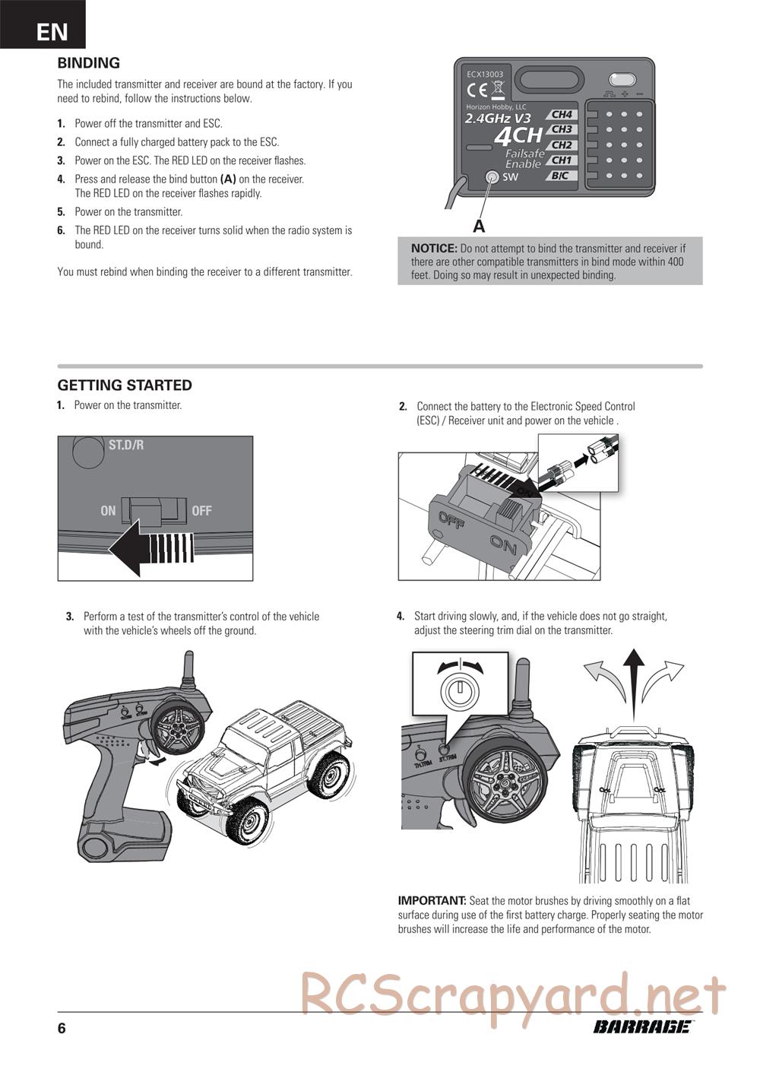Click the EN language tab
tap(52, 31)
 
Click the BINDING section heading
tap(89, 63)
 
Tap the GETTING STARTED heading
tap(125, 385)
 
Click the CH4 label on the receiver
tap(562, 115)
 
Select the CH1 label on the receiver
tap(561, 160)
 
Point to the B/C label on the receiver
tap(559, 176)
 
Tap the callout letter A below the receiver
tap(479, 226)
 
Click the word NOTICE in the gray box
tap(434, 248)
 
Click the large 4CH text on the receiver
tap(518, 136)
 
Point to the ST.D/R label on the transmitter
tap(126, 445)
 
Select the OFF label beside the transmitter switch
tap(201, 511)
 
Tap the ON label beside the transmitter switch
tap(108, 511)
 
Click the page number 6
tap(62, 1029)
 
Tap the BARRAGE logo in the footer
tap(642, 1027)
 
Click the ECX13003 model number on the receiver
tap(485, 75)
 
